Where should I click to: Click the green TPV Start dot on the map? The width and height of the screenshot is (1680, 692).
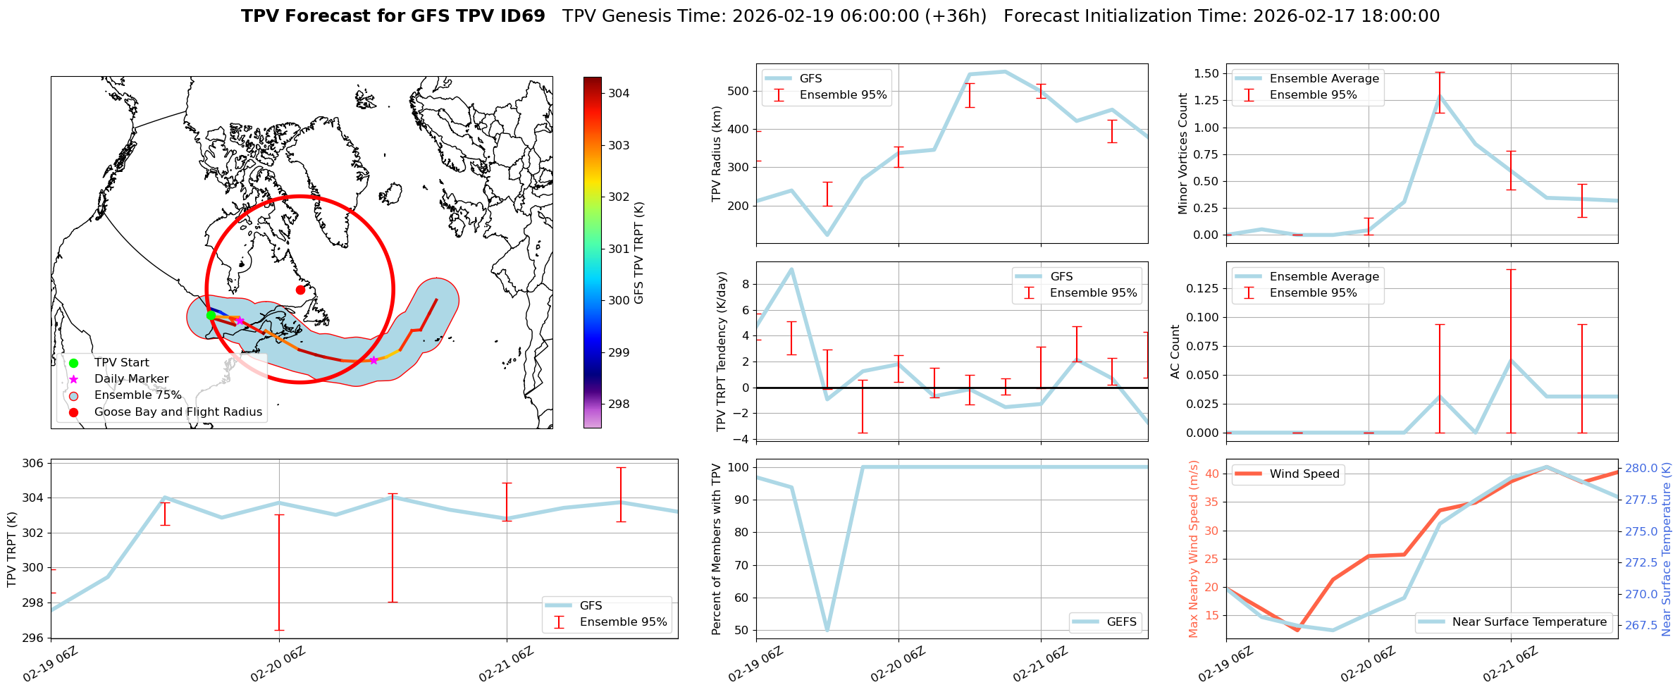(211, 315)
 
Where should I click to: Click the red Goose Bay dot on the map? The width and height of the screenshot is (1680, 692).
(300, 290)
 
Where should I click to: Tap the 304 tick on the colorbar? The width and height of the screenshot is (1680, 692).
(619, 93)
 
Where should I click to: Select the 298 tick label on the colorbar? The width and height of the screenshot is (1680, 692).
(619, 404)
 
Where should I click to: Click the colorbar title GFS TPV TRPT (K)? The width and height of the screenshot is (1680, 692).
(639, 253)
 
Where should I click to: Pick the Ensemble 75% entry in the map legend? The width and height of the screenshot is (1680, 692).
(137, 395)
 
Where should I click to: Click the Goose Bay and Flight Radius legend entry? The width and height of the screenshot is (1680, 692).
(178, 412)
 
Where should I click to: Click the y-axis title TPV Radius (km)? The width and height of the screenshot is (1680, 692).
(717, 154)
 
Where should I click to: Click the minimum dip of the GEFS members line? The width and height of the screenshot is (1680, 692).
(827, 630)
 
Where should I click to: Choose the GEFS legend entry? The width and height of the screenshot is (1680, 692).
(1121, 622)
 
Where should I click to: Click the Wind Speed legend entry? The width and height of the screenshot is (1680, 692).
(1304, 474)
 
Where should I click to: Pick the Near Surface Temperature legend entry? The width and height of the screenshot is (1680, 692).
(1528, 622)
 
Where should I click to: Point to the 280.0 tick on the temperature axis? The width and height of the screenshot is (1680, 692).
(1645, 468)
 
